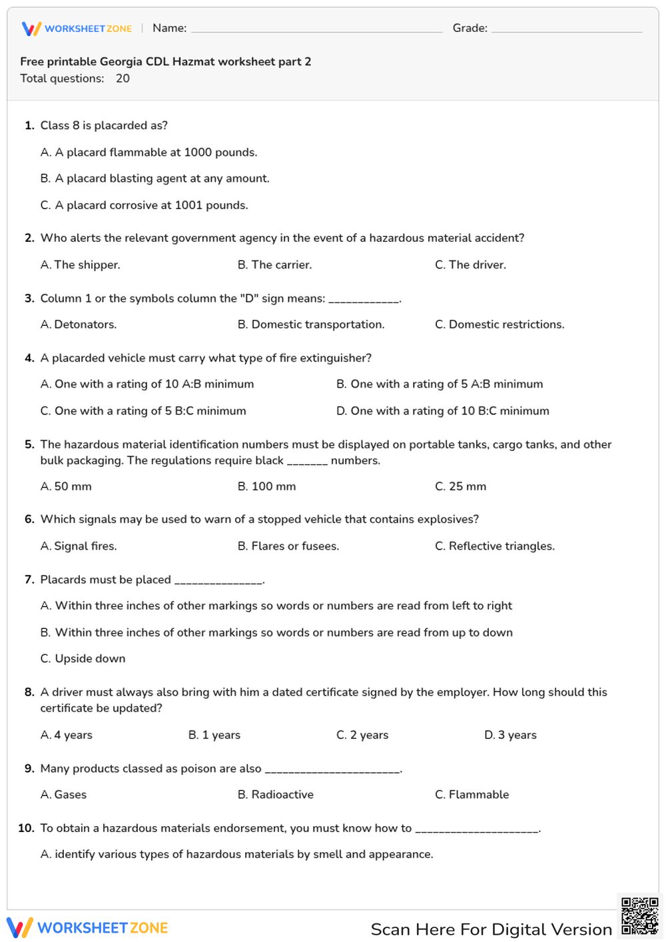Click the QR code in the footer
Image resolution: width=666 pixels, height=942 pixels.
639,917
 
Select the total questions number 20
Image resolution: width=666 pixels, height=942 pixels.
123,79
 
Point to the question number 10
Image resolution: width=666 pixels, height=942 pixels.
26,828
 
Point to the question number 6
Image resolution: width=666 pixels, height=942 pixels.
29,520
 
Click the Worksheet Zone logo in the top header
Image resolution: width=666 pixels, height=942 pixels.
77,29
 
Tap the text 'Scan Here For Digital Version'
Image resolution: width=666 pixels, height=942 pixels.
491,929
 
